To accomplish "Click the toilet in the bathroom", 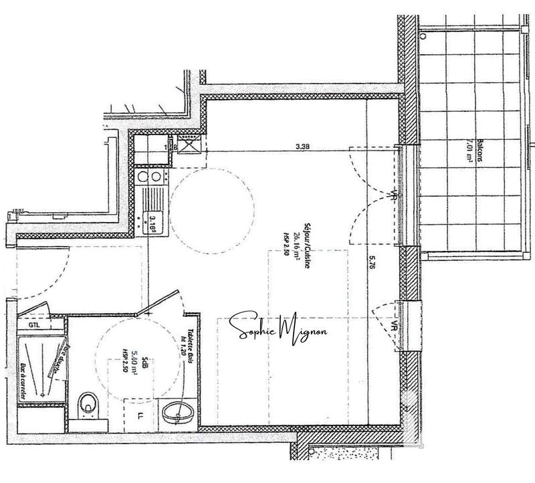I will (x=87, y=404).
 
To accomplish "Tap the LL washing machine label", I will (x=140, y=415).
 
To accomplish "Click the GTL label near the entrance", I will (x=35, y=325).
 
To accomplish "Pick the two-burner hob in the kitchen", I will (x=148, y=177).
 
